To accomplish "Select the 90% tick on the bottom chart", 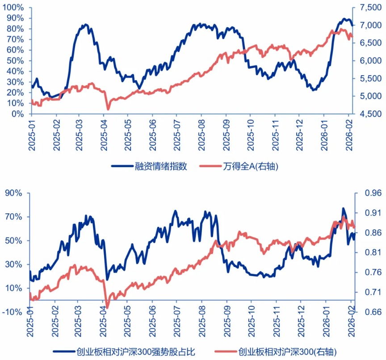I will point(14,193).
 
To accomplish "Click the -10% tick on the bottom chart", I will point(13,312).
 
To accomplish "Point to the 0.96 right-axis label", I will point(369,193).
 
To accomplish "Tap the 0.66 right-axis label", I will point(369,312).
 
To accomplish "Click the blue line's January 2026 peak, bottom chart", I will point(343,208).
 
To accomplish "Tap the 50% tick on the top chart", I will point(14,60).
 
